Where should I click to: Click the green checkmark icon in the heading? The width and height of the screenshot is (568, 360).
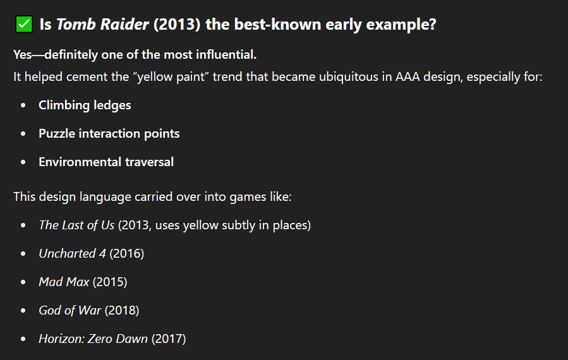click(24, 24)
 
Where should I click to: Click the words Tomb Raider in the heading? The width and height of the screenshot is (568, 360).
click(102, 24)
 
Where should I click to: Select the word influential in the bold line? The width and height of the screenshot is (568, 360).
click(226, 55)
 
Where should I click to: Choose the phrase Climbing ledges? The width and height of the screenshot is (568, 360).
click(85, 105)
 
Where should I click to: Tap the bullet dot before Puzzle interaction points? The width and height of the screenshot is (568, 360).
click(23, 134)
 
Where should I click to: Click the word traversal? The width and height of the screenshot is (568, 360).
click(149, 162)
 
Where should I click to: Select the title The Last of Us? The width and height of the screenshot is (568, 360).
click(77, 225)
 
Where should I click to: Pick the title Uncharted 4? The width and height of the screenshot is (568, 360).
click(73, 253)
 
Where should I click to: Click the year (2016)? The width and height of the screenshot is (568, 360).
click(127, 253)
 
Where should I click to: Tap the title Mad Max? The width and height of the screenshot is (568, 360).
click(64, 282)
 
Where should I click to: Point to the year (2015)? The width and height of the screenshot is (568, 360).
click(110, 282)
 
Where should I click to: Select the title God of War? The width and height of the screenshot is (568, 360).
click(70, 310)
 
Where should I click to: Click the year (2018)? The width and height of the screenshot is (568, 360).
click(122, 310)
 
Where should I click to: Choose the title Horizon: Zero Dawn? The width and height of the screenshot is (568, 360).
click(94, 339)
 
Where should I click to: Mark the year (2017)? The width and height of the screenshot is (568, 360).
click(169, 339)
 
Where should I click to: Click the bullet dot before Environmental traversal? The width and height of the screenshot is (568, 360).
click(23, 162)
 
